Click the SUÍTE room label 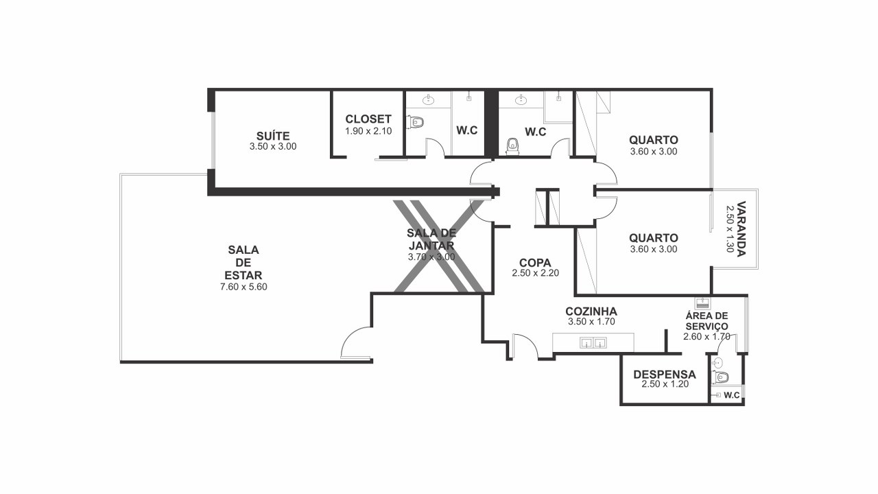click(x=273, y=136)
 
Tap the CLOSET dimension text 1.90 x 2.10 click(x=368, y=131)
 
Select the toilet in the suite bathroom click(x=416, y=122)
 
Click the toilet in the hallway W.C click(x=512, y=146)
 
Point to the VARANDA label click(x=741, y=229)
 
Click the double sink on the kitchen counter click(x=593, y=342)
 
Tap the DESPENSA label click(x=665, y=375)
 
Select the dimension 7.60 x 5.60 click(x=244, y=287)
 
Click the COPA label click(x=535, y=263)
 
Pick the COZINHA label click(x=591, y=311)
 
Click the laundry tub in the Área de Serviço click(x=702, y=303)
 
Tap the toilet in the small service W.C click(x=720, y=377)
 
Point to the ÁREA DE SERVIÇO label click(x=707, y=320)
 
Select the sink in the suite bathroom click(x=429, y=99)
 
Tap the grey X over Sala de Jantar click(x=439, y=246)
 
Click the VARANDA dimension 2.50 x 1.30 click(x=729, y=229)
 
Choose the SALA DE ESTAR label click(x=244, y=262)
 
